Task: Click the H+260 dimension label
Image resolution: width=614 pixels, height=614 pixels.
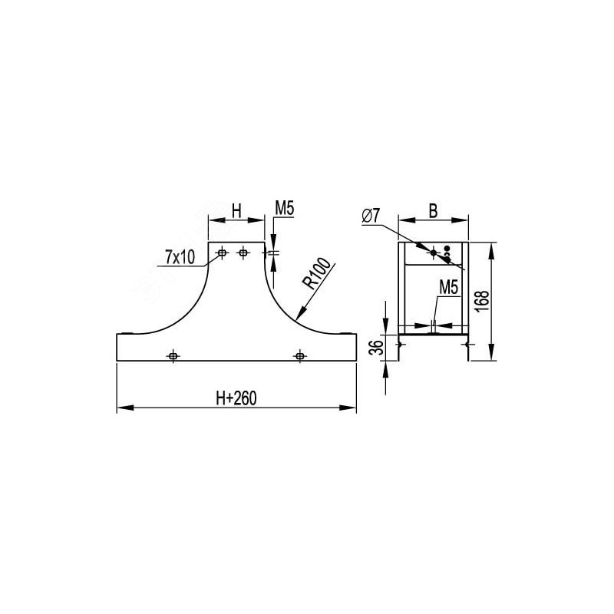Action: (236, 398)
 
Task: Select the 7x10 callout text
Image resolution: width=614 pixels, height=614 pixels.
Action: (180, 257)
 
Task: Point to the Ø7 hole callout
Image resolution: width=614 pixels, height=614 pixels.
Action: (371, 216)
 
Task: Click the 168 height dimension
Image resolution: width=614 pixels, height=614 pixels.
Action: (483, 301)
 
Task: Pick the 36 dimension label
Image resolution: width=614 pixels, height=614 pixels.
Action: (376, 348)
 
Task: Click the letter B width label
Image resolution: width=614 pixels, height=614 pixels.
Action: (433, 211)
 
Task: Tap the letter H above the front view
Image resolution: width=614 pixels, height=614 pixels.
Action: (236, 211)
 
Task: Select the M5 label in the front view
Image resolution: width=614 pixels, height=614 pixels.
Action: (284, 208)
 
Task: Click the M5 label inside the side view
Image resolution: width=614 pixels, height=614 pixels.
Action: (449, 287)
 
